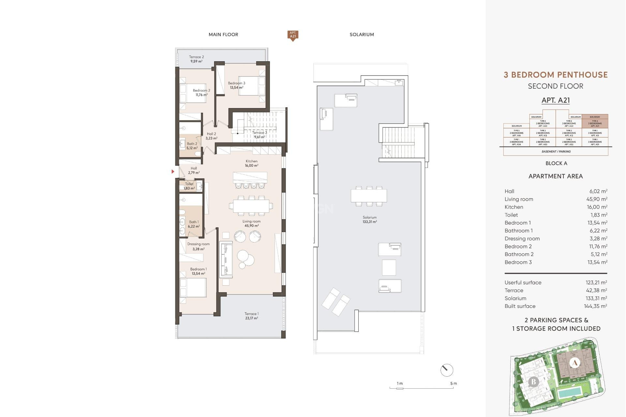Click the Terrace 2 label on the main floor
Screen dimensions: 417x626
[x=196, y=59]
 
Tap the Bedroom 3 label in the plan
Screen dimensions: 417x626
[x=236, y=85]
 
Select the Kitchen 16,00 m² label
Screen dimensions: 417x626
[x=251, y=163]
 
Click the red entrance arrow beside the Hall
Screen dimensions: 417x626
[x=173, y=171]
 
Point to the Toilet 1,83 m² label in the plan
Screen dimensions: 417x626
[x=189, y=186]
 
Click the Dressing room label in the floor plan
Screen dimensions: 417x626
[x=198, y=246]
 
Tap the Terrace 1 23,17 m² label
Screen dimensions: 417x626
[x=251, y=316]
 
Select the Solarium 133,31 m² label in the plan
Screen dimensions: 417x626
[x=369, y=219]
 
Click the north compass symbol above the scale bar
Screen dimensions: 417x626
[x=446, y=370]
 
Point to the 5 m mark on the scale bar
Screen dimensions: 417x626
[x=453, y=384]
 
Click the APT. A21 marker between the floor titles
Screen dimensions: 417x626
[x=293, y=35]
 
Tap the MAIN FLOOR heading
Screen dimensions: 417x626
[x=223, y=35]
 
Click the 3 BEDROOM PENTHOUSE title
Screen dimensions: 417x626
[x=556, y=75]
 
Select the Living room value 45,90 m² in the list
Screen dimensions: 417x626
[x=597, y=199]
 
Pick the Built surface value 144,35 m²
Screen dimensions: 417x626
[x=595, y=306]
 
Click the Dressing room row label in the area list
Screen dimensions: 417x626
[x=522, y=238]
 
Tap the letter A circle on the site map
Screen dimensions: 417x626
[x=574, y=363]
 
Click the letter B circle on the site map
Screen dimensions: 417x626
[x=533, y=381]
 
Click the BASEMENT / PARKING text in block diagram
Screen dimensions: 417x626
[x=556, y=151]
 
